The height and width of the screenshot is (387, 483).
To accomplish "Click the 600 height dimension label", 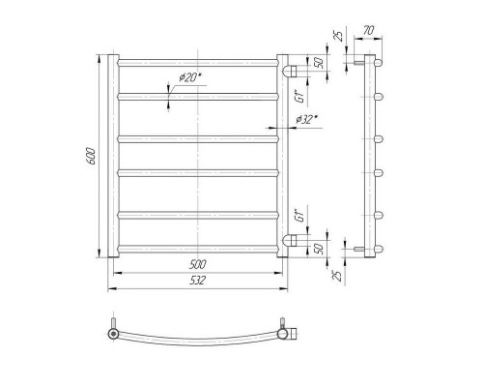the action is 92,156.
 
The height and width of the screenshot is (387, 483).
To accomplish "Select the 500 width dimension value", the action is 197,265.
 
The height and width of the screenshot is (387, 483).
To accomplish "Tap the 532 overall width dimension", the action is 197,281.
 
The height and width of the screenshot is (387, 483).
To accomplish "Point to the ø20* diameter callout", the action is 189,77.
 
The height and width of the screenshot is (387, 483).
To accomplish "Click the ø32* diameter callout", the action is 306,120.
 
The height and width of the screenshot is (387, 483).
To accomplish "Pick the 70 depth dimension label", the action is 368,31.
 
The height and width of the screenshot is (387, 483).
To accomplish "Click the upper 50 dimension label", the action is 319,63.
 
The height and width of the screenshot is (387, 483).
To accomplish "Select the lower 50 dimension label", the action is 319,249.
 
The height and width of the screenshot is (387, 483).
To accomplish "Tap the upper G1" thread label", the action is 300,97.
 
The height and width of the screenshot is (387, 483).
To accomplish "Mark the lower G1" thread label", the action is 300,216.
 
